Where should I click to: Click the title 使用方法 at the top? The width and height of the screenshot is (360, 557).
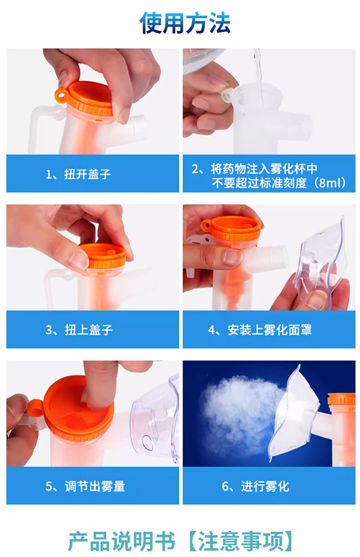pos(185,23)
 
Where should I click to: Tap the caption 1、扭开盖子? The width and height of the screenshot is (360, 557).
pos(78,174)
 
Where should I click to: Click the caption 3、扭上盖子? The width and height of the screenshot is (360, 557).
pos(79,330)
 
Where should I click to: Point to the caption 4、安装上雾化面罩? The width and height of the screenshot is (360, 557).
pos(260,330)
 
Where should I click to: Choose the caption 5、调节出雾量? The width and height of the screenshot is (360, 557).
pos(85,486)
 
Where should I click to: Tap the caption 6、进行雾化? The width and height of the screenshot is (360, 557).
pos(255,486)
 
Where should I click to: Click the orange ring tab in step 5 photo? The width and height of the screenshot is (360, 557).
pos(35,408)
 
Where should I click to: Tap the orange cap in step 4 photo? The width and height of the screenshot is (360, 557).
pos(231,228)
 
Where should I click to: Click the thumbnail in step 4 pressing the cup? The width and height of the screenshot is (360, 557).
pos(231,257)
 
